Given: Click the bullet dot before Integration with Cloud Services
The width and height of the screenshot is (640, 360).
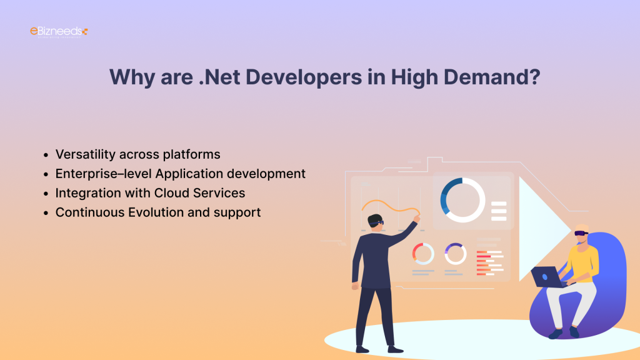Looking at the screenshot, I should (46, 194).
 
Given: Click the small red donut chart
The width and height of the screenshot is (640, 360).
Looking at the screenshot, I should (423, 253).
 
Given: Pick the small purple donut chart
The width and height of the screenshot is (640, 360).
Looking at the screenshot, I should (456, 253).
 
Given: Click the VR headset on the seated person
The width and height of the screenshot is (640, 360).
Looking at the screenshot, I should (581, 232).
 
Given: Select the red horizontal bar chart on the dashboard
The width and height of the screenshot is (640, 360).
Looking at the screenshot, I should (489, 263).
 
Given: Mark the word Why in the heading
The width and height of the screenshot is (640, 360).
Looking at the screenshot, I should (129, 77).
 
